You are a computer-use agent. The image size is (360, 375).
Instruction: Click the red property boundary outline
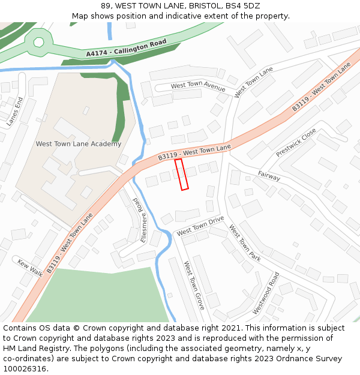click(181, 174)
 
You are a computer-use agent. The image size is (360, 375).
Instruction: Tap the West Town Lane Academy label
click(79, 144)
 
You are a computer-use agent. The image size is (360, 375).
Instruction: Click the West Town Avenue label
click(198, 86)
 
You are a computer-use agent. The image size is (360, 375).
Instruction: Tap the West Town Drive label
click(200, 226)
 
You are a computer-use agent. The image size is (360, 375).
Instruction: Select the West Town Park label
click(244, 243)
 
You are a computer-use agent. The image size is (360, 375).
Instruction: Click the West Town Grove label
click(194, 284)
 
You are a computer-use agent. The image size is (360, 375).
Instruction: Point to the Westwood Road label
click(266, 293)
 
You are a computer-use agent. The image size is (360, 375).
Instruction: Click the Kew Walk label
click(30, 268)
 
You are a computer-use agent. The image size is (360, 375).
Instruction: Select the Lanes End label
click(14, 111)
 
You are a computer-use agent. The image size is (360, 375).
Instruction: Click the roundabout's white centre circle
click(39, 42)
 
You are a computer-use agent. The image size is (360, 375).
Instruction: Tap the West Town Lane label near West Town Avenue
click(254, 82)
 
